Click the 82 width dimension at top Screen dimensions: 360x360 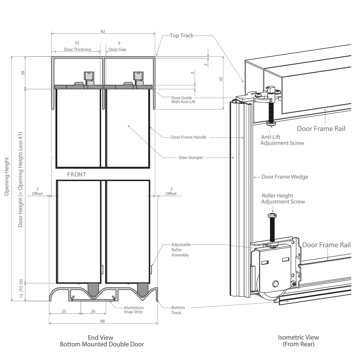103,31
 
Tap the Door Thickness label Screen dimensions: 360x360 77,49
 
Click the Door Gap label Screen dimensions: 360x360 117,49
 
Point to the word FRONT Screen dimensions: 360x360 77,175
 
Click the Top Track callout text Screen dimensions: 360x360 181,36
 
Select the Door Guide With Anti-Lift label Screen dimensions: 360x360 184,100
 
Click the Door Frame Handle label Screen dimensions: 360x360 189,137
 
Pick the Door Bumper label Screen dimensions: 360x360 191,157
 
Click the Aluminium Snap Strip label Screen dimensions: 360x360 134,310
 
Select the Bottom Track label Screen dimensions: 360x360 178,310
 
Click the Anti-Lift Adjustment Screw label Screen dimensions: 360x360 282,140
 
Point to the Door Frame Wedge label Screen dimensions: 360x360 284,177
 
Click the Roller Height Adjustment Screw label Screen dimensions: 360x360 283,199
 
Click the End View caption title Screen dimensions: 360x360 100,338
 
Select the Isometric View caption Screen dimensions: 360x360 298,338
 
